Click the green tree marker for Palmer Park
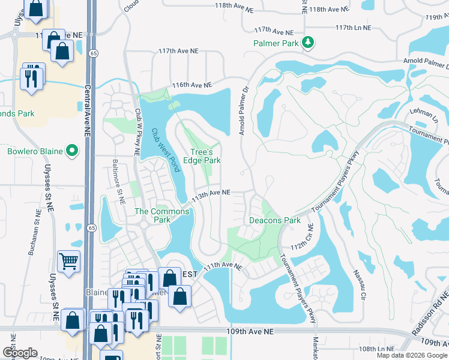[x=308, y=42]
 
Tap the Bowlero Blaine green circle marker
[x=73, y=151]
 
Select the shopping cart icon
[x=69, y=261]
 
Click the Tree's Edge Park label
[x=206, y=156]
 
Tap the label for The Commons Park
[x=153, y=215]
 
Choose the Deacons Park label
[x=275, y=220]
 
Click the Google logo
[x=20, y=353]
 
